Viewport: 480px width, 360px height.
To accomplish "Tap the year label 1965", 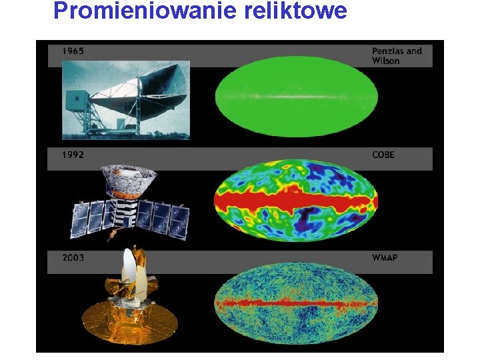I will click(x=73, y=51).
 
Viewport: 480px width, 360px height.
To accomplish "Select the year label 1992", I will click(x=73, y=155).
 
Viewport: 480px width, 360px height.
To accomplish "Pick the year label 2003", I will click(x=73, y=257).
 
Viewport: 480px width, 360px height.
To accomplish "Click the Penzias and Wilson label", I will click(x=396, y=56).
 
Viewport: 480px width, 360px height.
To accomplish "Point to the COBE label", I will click(x=383, y=155).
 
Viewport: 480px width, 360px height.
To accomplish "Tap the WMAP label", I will click(x=385, y=257).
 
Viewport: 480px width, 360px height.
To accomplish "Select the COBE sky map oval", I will click(x=296, y=200).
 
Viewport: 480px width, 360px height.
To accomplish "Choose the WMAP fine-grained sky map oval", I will click(x=296, y=303).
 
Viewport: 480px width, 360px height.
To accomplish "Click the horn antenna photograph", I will click(x=126, y=100).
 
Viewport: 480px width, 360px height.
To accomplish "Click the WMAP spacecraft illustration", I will click(x=129, y=300).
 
